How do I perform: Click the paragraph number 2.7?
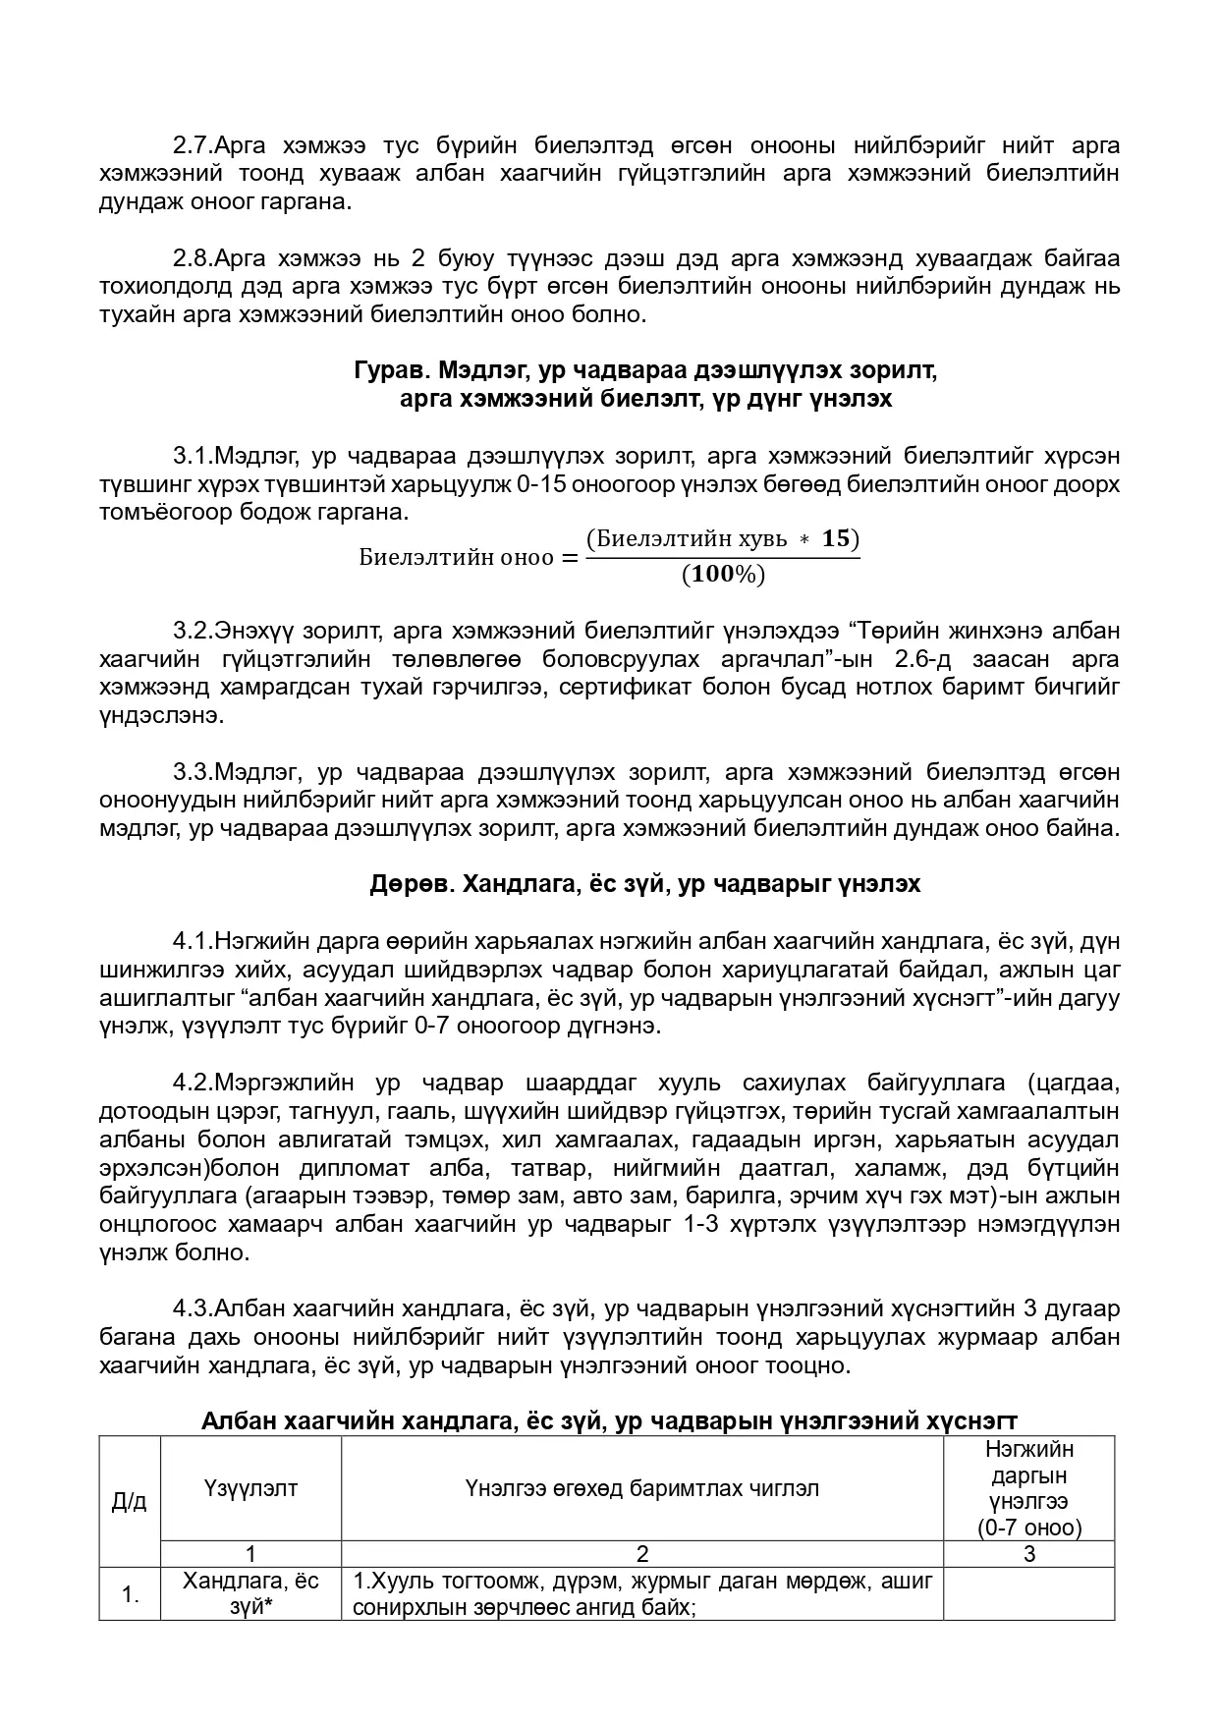(x=193, y=145)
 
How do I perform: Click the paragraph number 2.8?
(x=193, y=259)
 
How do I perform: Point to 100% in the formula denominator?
(x=722, y=575)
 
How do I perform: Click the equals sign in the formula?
(x=569, y=557)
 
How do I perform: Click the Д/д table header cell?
(x=129, y=1501)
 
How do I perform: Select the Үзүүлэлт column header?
(x=250, y=1488)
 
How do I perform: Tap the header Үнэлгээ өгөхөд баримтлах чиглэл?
(x=641, y=1488)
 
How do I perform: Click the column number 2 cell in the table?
(x=641, y=1554)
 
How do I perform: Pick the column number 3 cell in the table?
(x=1028, y=1554)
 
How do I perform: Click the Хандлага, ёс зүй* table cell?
(x=250, y=1594)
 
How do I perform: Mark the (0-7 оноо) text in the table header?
(x=1028, y=1528)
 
